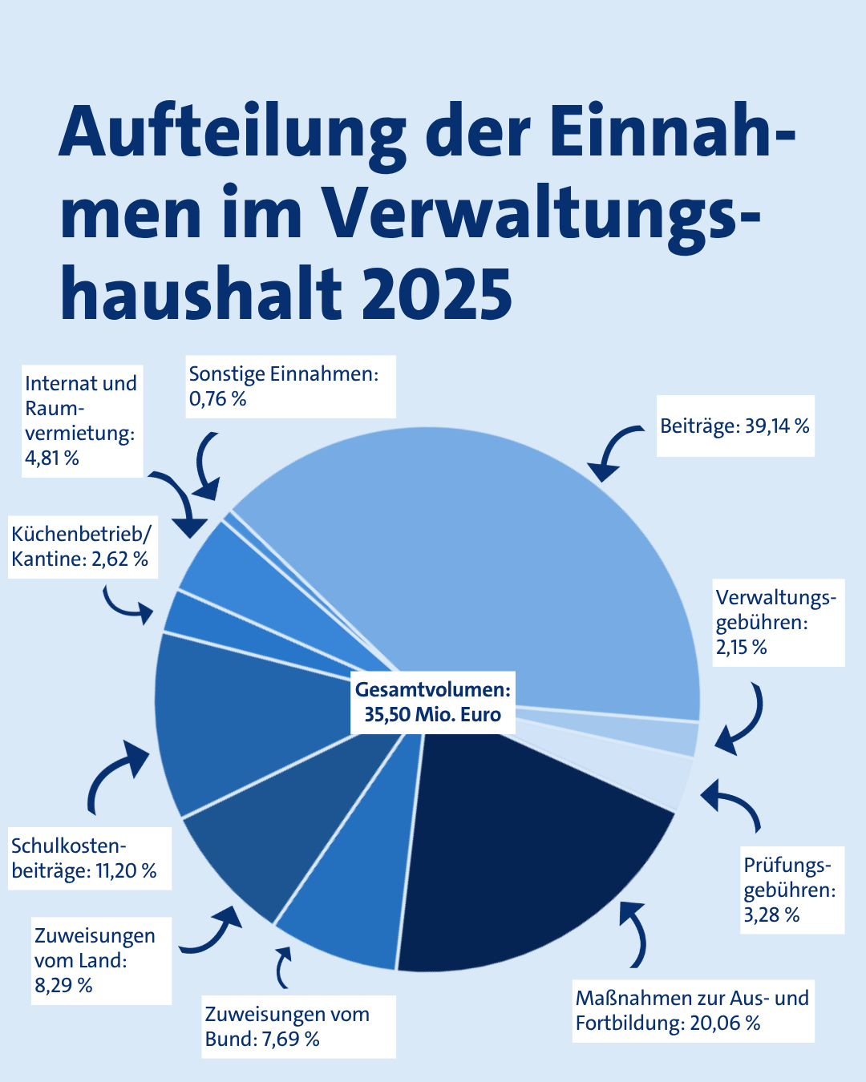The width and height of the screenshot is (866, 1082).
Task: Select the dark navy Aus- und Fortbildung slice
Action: tap(529, 850)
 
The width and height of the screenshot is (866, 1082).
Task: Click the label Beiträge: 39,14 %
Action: tap(734, 426)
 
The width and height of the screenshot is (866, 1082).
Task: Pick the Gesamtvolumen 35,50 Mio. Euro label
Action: tap(433, 702)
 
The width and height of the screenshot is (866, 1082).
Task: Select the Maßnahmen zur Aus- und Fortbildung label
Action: tap(693, 1011)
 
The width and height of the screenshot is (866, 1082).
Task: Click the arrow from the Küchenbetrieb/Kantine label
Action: tap(128, 605)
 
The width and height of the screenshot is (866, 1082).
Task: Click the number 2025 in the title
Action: tap(437, 293)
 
